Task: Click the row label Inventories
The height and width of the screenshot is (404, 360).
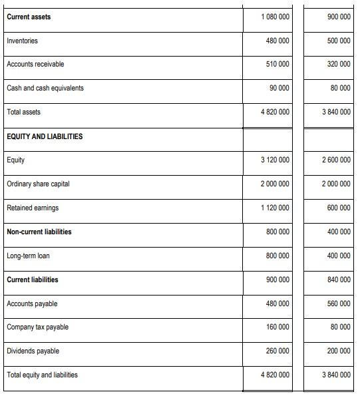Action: tap(22, 41)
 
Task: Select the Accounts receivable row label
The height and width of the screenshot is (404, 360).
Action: tap(35, 65)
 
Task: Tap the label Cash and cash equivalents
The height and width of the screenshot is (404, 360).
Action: tap(45, 89)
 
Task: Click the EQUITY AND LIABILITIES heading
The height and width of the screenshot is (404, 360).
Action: tap(45, 136)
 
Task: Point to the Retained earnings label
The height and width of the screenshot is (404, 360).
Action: tap(33, 208)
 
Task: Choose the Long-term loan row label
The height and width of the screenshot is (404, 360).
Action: tap(28, 256)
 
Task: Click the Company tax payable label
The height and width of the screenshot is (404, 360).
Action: tap(37, 327)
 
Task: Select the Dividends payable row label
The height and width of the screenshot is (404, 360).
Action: tap(33, 351)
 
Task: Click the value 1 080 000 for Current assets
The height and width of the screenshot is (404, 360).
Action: tap(275, 17)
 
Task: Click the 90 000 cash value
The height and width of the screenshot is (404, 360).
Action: tap(279, 89)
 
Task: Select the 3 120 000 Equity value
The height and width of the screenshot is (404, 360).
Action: tap(275, 160)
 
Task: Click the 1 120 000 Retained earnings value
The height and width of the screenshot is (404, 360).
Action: tap(275, 208)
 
